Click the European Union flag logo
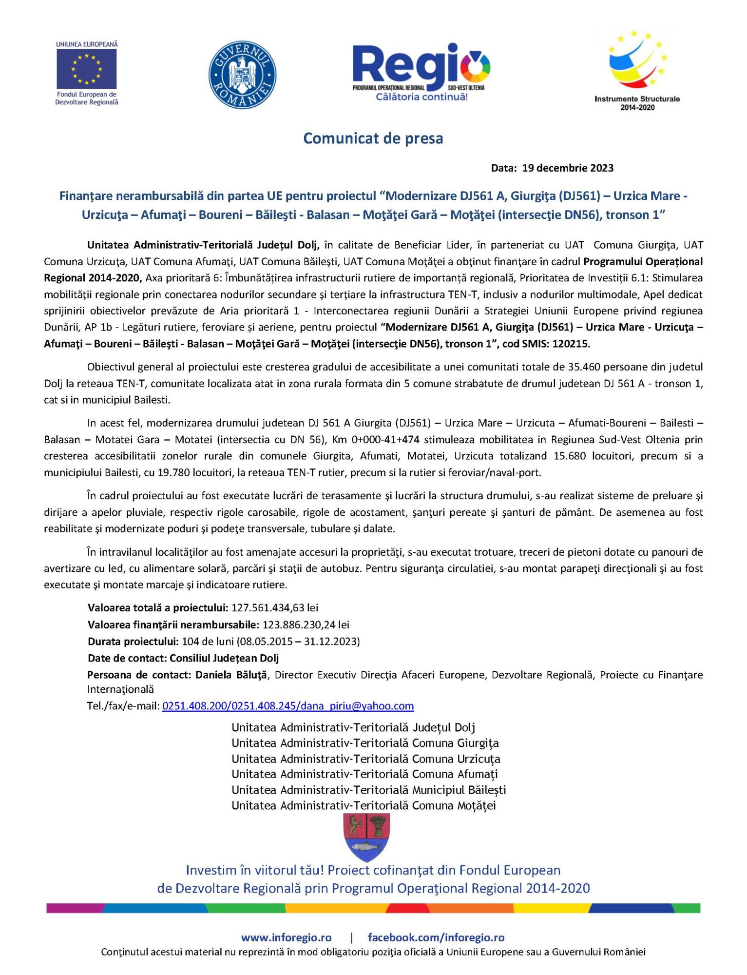click(x=86, y=68)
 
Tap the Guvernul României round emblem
click(x=242, y=75)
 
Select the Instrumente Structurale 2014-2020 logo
click(x=637, y=71)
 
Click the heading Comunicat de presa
click(x=373, y=138)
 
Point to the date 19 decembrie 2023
click(x=567, y=168)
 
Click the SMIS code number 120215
click(x=571, y=344)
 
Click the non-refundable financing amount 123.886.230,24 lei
click(x=306, y=625)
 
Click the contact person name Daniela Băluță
click(x=231, y=675)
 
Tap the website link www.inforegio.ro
click(x=286, y=937)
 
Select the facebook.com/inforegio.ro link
click(x=436, y=937)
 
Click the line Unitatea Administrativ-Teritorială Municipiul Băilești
click(x=368, y=790)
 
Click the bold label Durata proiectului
click(x=133, y=642)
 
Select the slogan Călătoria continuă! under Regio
click(x=421, y=97)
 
